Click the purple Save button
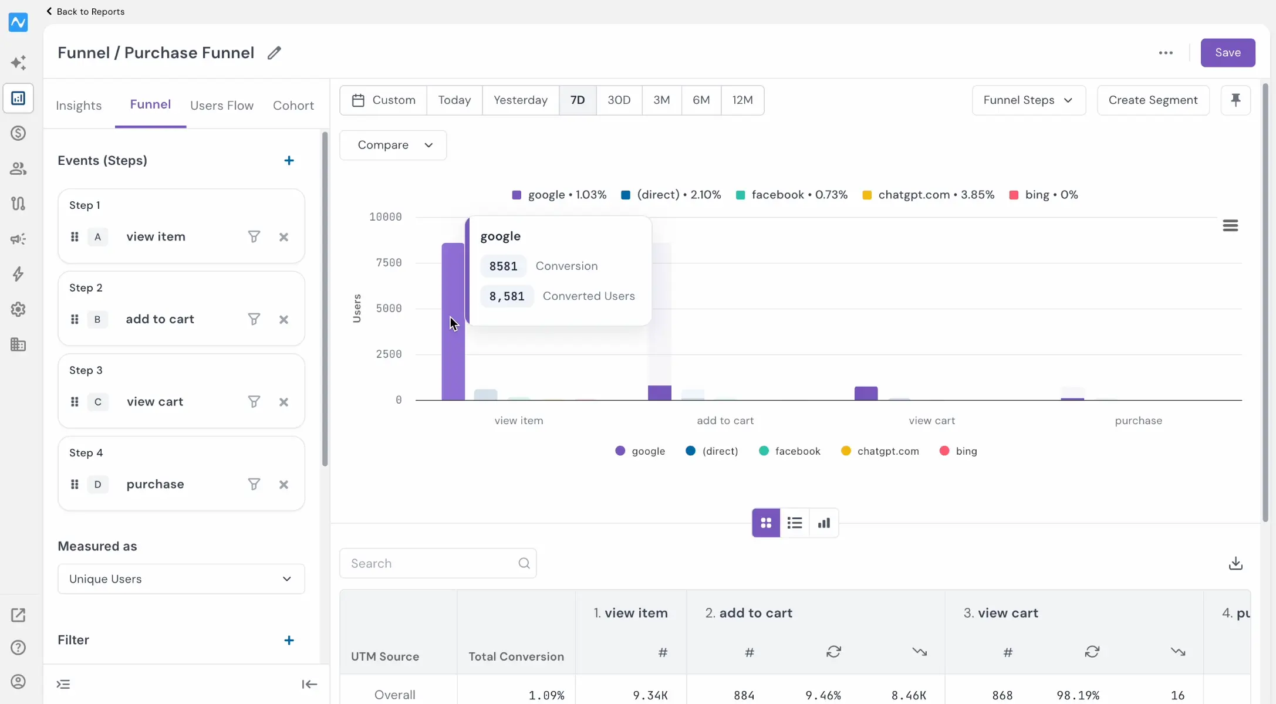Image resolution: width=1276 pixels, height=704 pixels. pyautogui.click(x=1227, y=53)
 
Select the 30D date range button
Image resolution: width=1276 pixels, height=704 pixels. pyautogui.click(x=619, y=100)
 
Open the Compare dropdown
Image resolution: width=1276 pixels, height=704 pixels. pyautogui.click(x=393, y=145)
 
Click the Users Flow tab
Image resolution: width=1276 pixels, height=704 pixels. pyautogui.click(x=222, y=106)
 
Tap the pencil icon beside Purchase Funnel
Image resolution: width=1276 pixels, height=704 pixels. pyautogui.click(x=274, y=53)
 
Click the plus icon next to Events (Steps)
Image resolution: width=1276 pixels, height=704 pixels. pyautogui.click(x=289, y=161)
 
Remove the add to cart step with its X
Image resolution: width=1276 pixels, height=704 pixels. pyautogui.click(x=284, y=320)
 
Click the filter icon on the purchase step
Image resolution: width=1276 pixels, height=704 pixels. pyautogui.click(x=254, y=485)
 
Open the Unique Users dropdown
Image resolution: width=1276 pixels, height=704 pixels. pyautogui.click(x=181, y=579)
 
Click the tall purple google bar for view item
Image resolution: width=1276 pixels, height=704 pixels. pyautogui.click(x=453, y=321)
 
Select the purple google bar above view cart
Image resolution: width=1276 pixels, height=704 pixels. pyautogui.click(x=866, y=394)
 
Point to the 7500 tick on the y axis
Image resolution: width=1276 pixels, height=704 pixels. pyautogui.click(x=389, y=263)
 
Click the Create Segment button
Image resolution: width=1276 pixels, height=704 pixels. pyautogui.click(x=1153, y=100)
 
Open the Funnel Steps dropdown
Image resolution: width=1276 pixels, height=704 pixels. pyautogui.click(x=1029, y=100)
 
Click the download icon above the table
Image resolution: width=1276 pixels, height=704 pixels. pyautogui.click(x=1236, y=563)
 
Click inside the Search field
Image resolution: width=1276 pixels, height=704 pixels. pyautogui.click(x=438, y=563)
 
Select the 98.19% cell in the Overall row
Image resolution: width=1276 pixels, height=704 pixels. pyautogui.click(x=1078, y=696)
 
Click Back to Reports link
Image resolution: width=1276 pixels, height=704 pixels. pyautogui.click(x=86, y=12)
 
